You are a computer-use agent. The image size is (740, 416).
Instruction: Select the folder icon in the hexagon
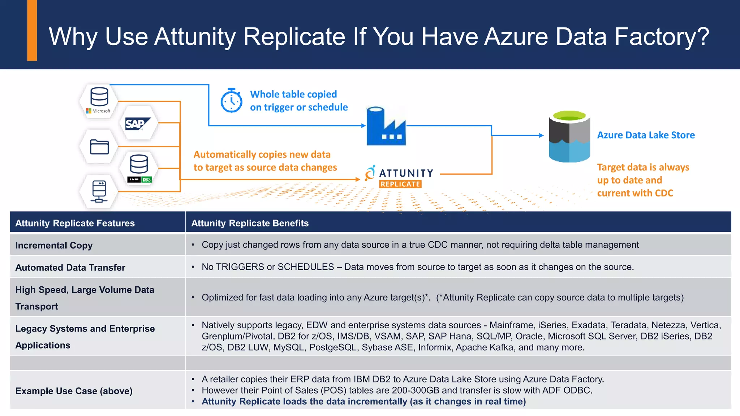point(99,147)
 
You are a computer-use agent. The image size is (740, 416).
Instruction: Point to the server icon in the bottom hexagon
point(99,191)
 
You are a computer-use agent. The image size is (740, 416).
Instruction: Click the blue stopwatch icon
point(231,101)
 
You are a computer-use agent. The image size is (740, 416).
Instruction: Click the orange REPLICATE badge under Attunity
point(400,184)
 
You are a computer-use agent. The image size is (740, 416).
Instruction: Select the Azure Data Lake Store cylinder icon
point(569,136)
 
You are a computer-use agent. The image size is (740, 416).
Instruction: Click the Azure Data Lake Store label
point(646,135)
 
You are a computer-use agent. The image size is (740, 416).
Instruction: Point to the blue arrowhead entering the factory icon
point(363,126)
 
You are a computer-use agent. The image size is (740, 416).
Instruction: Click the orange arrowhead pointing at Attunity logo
point(358,179)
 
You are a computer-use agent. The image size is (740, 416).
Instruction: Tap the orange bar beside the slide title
point(32,30)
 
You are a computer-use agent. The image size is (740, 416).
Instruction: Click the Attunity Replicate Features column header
point(75,223)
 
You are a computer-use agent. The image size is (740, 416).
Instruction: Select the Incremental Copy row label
point(54,246)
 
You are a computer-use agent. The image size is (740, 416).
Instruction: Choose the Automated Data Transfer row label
point(70,268)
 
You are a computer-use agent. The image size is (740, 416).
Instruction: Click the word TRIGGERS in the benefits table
point(240,267)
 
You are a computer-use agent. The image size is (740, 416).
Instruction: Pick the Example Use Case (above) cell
point(74,391)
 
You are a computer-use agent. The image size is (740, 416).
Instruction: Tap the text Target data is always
point(643,167)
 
